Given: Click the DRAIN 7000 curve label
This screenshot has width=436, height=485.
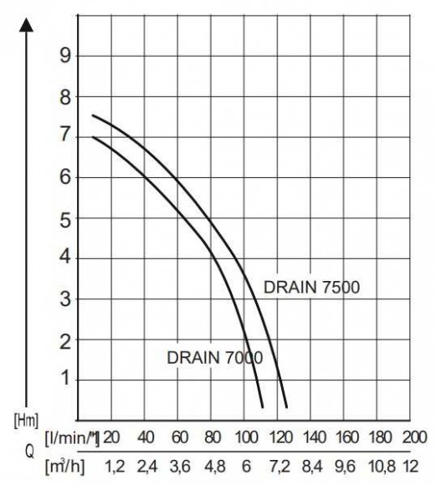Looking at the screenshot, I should click(215, 357).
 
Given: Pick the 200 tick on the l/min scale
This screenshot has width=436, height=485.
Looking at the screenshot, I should click(413, 437).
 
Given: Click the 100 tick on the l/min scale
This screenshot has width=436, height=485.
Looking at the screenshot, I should click(246, 437).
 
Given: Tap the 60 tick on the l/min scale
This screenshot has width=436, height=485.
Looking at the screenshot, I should click(179, 437).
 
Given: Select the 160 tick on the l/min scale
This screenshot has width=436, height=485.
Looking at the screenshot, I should click(347, 437).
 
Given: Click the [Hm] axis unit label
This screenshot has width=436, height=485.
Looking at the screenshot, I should click(25, 417).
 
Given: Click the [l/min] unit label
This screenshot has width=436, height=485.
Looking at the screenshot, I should click(75, 437).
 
